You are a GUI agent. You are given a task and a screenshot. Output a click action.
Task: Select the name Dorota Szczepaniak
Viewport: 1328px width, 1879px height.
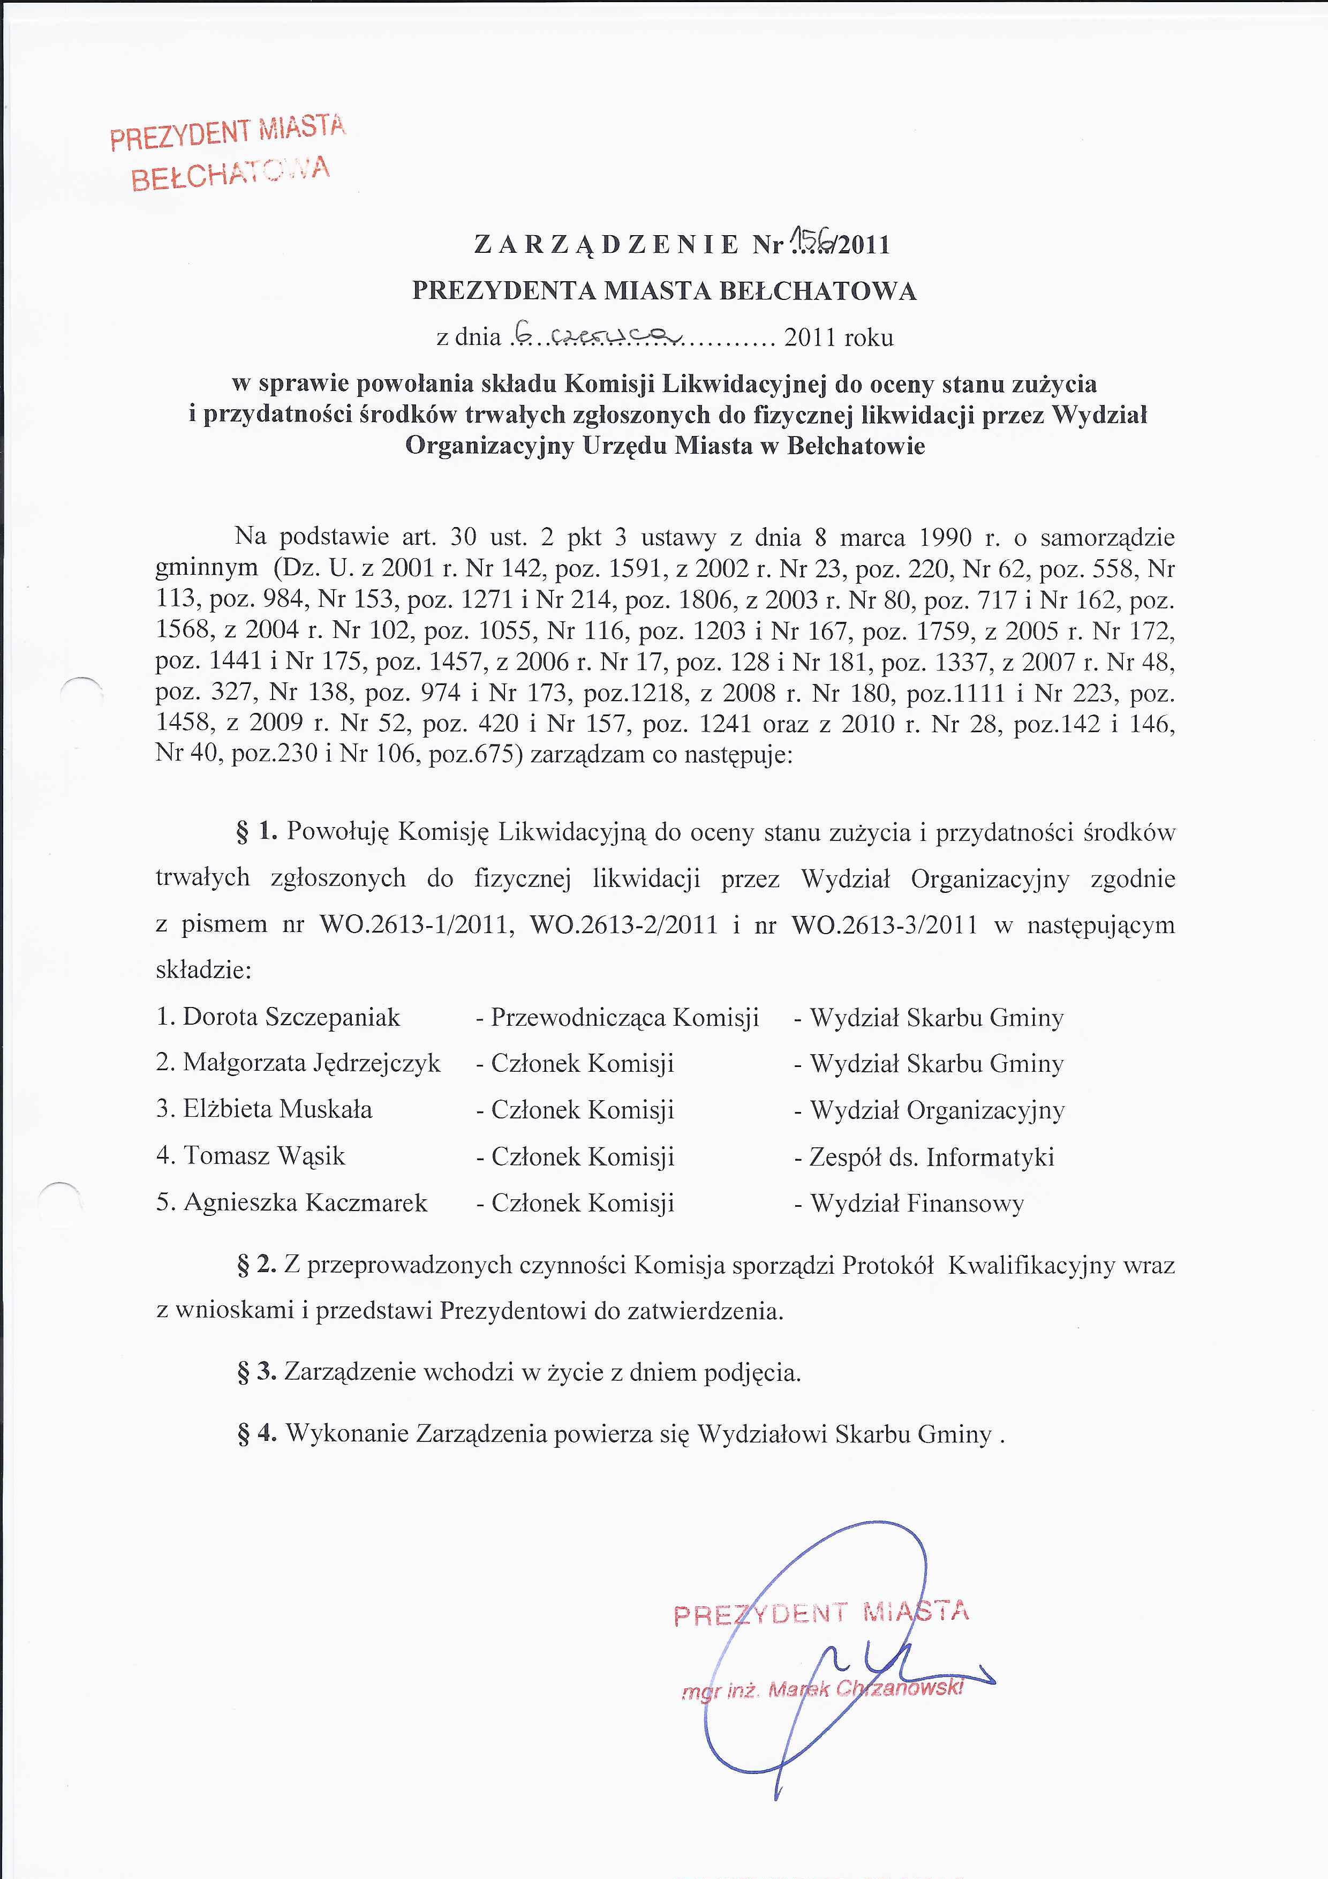[291, 1017]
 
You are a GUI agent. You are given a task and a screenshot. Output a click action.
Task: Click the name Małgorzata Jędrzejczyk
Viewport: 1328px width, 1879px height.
[311, 1063]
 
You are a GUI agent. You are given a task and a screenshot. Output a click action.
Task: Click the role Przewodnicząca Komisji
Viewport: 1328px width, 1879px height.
[624, 1017]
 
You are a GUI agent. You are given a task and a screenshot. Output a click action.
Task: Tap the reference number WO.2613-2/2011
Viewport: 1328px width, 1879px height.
[623, 925]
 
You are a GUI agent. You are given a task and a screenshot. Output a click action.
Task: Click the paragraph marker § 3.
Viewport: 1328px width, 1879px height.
[256, 1372]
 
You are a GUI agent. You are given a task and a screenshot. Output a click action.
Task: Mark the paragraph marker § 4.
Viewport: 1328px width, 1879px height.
[256, 1434]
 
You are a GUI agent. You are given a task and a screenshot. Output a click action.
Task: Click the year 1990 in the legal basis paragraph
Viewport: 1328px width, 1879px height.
[945, 538]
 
